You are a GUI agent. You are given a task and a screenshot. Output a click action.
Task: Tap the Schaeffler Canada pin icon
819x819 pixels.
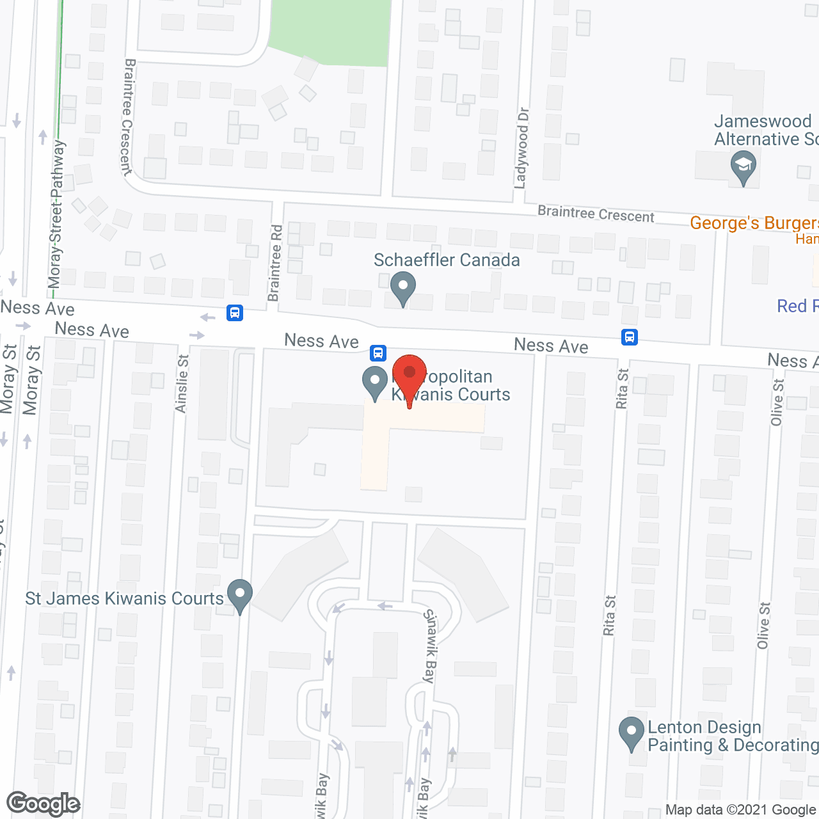coord(402,287)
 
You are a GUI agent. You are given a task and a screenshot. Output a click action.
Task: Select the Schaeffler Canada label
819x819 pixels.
coord(447,260)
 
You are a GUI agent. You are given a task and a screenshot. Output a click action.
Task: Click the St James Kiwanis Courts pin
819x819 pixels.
coord(240,595)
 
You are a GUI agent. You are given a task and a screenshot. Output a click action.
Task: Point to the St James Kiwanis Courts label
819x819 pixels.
coord(124,599)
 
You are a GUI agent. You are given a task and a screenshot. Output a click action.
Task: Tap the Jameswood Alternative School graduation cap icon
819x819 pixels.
coord(743,166)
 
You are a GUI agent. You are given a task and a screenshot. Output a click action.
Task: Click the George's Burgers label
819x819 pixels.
coord(754,223)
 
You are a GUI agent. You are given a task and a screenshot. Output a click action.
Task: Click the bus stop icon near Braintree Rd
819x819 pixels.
coord(235,313)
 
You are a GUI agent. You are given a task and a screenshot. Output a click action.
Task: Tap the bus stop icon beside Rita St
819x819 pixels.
coord(630,337)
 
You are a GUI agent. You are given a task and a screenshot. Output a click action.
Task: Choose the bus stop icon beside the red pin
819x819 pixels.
coord(378,353)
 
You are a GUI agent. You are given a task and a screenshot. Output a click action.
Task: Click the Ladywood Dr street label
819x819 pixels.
coord(522,148)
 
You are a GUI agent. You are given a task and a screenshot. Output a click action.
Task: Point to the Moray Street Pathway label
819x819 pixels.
coord(57,214)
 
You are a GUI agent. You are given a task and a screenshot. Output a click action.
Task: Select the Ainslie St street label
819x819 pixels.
coord(182,384)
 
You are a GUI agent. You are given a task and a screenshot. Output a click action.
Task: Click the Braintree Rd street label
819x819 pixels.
coord(275,263)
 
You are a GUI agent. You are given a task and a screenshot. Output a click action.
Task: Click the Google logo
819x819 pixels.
coord(43,804)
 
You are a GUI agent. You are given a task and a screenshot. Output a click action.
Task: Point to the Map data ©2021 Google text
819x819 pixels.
coord(741,810)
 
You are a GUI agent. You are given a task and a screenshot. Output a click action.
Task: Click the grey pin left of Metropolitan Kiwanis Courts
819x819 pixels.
coord(375,382)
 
